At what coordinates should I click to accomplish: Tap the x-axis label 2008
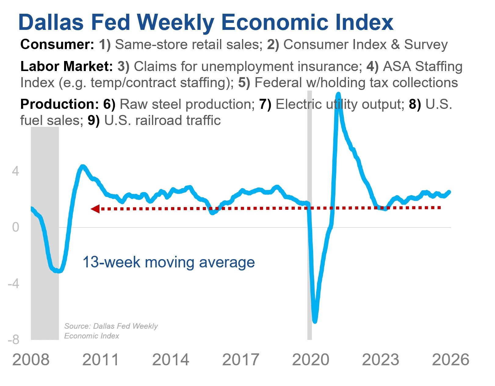pyautogui.click(x=31, y=360)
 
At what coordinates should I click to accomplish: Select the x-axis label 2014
pyautogui.click(x=170, y=360)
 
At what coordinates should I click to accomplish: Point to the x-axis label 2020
pyautogui.click(x=310, y=360)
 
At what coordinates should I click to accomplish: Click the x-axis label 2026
pyautogui.click(x=450, y=360)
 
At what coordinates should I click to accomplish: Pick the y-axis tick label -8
pyautogui.click(x=13, y=340)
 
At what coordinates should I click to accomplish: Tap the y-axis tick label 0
pyautogui.click(x=15, y=227)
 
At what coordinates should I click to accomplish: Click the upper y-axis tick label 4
pyautogui.click(x=15, y=171)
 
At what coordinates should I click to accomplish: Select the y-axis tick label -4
pyautogui.click(x=13, y=284)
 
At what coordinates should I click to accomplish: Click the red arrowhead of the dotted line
pyautogui.click(x=95, y=209)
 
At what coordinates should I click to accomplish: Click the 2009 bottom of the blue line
pyautogui.click(x=58, y=271)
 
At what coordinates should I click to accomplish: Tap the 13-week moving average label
pyautogui.click(x=168, y=262)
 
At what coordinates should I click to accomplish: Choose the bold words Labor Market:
pyautogui.click(x=67, y=66)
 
